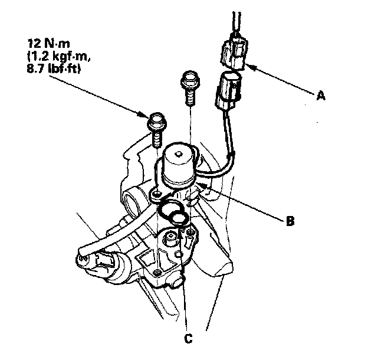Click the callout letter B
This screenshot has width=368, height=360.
click(x=290, y=222)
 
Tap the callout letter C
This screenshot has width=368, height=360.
click(x=187, y=339)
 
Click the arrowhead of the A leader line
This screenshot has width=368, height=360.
click(x=247, y=65)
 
